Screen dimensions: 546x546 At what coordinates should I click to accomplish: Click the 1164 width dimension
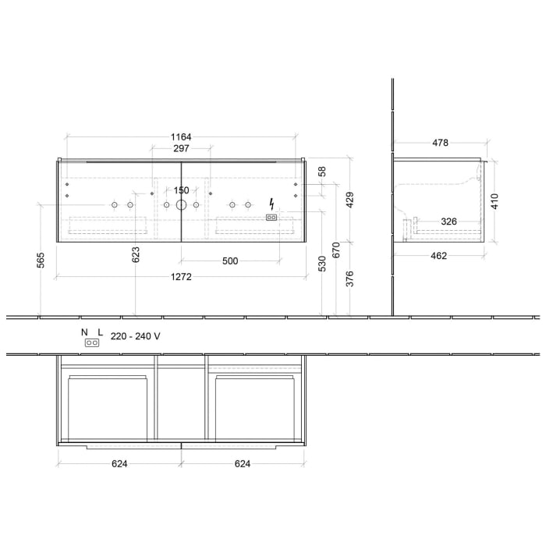pyautogui.click(x=181, y=137)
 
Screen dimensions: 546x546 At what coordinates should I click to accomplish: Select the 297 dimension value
pyautogui.click(x=181, y=149)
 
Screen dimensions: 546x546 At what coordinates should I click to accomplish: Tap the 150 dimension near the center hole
pyautogui.click(x=181, y=190)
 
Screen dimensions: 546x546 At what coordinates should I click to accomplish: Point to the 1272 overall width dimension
pyautogui.click(x=181, y=276)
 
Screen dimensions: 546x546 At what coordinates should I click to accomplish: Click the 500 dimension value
pyautogui.click(x=229, y=261)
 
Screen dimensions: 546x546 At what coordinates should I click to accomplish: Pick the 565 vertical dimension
pyautogui.click(x=39, y=260)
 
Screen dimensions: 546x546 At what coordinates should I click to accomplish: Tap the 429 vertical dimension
pyautogui.click(x=350, y=200)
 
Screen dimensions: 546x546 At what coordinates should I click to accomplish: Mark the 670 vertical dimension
pyautogui.click(x=337, y=250)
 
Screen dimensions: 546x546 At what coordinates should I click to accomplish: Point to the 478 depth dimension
pyautogui.click(x=440, y=143)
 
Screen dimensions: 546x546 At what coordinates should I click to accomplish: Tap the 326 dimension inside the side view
pyautogui.click(x=449, y=222)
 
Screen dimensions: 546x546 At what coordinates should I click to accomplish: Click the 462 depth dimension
pyautogui.click(x=438, y=256)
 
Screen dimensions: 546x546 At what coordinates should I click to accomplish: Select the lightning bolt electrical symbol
pyautogui.click(x=271, y=202)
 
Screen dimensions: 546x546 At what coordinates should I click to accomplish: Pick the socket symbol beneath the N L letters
pyautogui.click(x=92, y=343)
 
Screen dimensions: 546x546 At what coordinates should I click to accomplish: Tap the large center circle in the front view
pyautogui.click(x=181, y=205)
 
